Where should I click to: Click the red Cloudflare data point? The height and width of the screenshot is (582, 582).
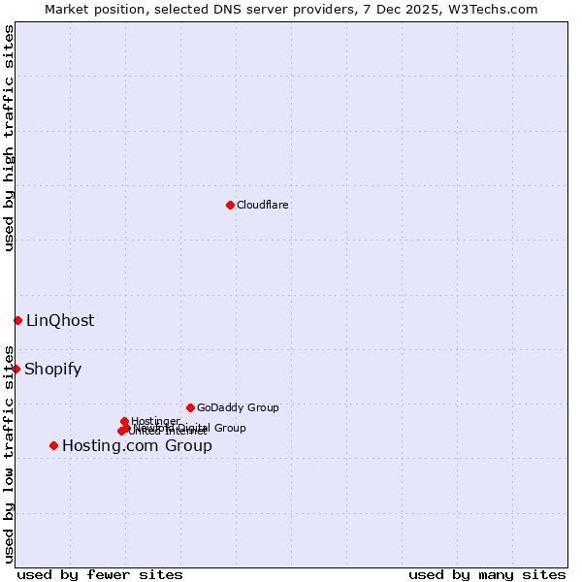click(230, 205)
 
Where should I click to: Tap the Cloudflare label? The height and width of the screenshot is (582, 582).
click(263, 205)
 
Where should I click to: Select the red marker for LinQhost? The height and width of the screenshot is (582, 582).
click(17, 320)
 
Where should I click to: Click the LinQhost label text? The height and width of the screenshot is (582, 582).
click(60, 321)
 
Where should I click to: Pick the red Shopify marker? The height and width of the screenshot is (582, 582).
click(16, 369)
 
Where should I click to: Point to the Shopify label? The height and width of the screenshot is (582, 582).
click(52, 370)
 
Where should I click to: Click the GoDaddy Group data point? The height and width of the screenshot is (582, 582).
click(190, 407)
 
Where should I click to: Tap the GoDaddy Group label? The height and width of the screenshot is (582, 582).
click(238, 408)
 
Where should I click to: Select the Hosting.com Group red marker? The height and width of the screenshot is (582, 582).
click(53, 445)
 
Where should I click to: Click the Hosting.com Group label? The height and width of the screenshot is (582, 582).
click(137, 446)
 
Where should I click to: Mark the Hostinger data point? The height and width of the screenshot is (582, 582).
click(124, 421)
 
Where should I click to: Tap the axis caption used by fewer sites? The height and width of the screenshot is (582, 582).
click(100, 574)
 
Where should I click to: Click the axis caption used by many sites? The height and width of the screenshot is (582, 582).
click(487, 574)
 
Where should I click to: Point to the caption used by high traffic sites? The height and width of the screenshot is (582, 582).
click(9, 138)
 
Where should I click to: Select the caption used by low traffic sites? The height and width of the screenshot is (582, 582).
click(9, 453)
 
